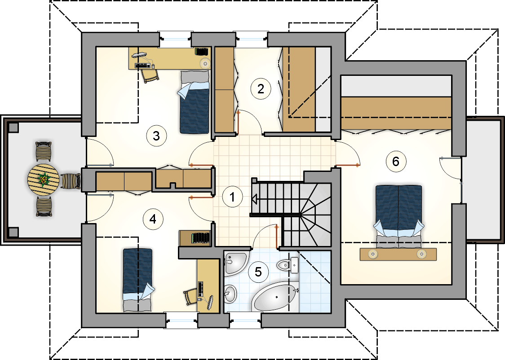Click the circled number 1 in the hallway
(x=232, y=197)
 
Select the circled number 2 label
(x=260, y=88)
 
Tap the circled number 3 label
(x=156, y=136)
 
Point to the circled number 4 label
(x=153, y=219)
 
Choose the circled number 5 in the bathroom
(x=258, y=271)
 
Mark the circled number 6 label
(x=395, y=161)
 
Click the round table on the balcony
(x=44, y=180)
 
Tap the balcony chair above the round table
(x=44, y=151)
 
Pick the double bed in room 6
(x=399, y=213)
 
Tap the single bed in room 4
(x=137, y=279)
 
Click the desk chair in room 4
(x=189, y=296)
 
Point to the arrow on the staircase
(x=254, y=199)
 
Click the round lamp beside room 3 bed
(x=205, y=63)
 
